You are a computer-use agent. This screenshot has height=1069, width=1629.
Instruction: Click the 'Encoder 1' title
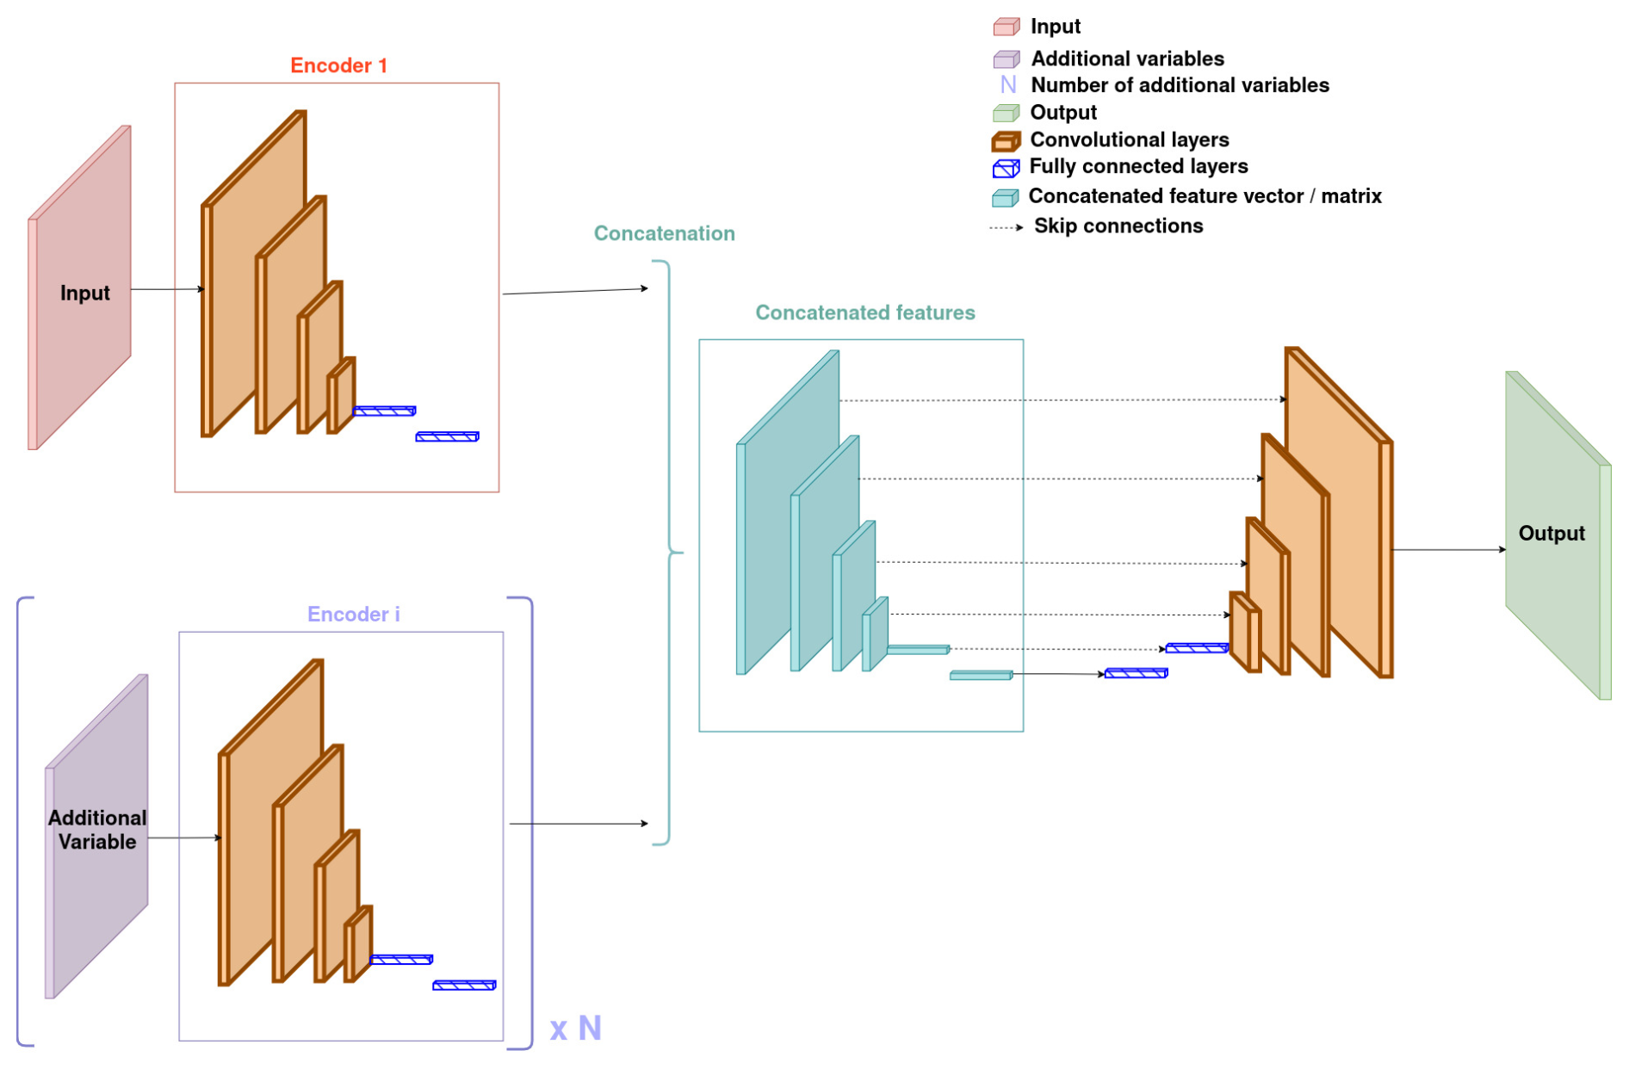[x=338, y=65]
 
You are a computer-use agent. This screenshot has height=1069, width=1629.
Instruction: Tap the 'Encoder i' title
[x=353, y=614]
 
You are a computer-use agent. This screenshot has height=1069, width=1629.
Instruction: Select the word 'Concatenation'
[x=664, y=233]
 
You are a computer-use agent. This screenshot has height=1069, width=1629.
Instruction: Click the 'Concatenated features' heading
[x=864, y=312]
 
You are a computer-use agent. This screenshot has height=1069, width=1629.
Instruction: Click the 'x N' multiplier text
[x=575, y=1028]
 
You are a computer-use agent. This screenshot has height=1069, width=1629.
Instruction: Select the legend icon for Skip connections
[x=1006, y=227]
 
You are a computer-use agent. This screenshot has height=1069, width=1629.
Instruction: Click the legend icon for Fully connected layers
[x=1006, y=168]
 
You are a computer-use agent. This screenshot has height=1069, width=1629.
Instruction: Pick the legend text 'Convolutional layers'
[x=1129, y=139]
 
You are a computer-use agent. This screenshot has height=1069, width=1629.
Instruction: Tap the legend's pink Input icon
[x=1006, y=27]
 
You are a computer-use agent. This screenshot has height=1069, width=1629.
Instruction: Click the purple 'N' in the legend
[x=1007, y=85]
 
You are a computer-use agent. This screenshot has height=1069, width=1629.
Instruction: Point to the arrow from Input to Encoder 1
[x=167, y=289]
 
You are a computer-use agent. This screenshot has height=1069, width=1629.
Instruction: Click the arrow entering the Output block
[x=1448, y=549]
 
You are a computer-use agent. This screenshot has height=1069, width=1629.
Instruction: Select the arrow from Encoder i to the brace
[x=578, y=824]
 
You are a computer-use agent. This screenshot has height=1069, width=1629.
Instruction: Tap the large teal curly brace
[x=669, y=552]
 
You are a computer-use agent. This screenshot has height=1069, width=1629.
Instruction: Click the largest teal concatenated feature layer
[x=788, y=516]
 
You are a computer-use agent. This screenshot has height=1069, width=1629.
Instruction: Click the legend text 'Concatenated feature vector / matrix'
[x=1205, y=196]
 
